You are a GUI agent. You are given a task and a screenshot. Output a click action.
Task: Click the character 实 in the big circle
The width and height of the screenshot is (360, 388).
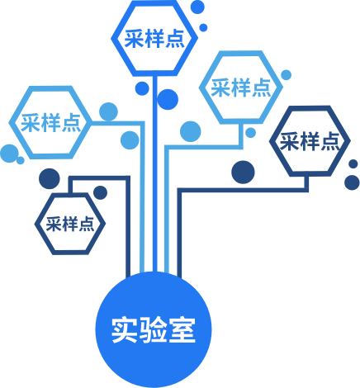[x=125, y=330]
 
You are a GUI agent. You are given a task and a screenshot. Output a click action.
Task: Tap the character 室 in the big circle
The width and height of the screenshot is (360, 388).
[x=182, y=330]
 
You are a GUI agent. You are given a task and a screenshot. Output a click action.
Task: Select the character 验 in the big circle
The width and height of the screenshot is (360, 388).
[x=153, y=330]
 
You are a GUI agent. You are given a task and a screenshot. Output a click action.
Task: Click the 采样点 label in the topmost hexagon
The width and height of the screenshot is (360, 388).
[x=154, y=39]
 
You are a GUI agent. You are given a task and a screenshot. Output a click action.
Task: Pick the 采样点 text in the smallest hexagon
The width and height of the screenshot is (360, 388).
[x=70, y=224]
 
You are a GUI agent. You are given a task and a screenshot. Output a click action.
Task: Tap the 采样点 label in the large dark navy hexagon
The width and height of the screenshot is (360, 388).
[x=310, y=141]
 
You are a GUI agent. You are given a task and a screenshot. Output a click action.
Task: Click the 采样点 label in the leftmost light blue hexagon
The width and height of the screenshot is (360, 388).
[x=51, y=122]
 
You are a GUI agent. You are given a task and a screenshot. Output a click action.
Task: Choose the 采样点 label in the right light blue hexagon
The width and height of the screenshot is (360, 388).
[x=241, y=88]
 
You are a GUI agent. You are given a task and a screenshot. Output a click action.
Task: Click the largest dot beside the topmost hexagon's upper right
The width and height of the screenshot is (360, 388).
[x=197, y=7]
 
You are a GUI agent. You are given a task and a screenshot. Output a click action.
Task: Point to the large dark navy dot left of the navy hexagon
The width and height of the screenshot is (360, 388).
[x=243, y=172]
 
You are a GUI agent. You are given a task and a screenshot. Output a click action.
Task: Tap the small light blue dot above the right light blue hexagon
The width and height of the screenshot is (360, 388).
[x=287, y=75]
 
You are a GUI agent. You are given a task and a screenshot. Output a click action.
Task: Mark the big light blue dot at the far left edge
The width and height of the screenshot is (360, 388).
[x=9, y=154]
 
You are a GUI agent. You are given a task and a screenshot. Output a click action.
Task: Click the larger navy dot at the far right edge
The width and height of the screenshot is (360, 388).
[x=352, y=182]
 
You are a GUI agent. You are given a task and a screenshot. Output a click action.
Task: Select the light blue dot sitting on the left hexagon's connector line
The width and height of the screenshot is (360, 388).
[x=108, y=111]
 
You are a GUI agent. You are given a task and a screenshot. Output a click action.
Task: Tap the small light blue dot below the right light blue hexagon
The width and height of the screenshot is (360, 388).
[x=250, y=133]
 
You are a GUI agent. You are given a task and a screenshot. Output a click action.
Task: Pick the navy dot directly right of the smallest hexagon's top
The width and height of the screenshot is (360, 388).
[x=100, y=192]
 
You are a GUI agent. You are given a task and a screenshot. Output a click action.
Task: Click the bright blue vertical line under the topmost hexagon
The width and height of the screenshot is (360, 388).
[x=155, y=174]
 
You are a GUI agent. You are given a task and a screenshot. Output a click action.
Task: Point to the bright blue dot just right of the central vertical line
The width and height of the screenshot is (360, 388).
[x=168, y=99]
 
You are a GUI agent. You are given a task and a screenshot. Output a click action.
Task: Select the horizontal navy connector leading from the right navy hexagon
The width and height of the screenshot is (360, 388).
[x=243, y=190]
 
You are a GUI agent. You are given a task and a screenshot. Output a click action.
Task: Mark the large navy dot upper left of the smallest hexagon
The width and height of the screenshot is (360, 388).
[x=50, y=178]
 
